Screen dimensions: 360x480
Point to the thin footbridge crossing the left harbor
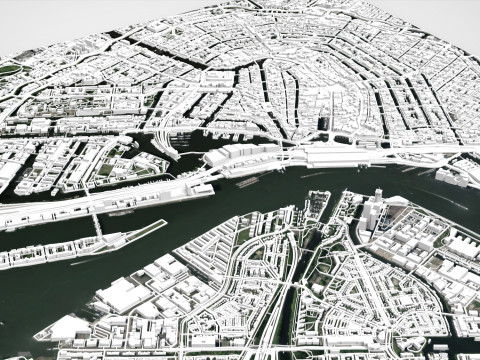coord(98,226)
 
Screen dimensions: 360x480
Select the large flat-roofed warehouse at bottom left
coord(122,294)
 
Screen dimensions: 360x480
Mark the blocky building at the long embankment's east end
coord(199,188)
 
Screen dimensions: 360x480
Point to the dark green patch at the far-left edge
coord(8,70)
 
